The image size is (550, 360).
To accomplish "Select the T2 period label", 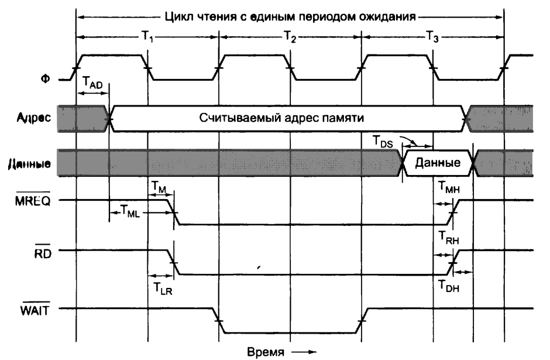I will tap(290, 37).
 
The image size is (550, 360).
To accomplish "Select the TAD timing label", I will tap(92, 84).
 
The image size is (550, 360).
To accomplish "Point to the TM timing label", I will tap(158, 186).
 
